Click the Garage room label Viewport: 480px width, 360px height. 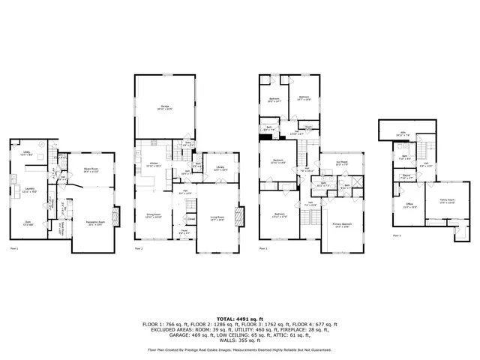163,107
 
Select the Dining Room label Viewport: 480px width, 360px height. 153,214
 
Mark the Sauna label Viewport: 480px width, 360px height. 405,176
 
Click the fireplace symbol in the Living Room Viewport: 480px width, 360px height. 239,217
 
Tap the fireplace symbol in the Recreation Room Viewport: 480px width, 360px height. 115,217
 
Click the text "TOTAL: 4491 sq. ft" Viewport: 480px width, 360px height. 240,318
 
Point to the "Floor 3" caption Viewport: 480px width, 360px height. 264,248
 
